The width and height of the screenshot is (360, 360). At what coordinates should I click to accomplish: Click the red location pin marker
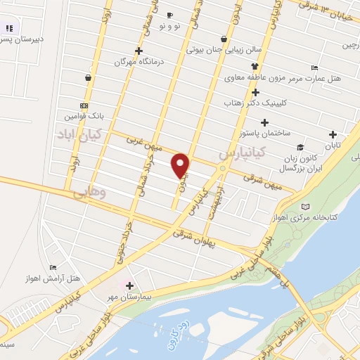coord(181,165)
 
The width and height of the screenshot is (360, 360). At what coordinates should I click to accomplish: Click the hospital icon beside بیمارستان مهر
coord(128,284)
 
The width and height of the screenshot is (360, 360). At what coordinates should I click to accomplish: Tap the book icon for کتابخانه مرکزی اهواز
coord(304,207)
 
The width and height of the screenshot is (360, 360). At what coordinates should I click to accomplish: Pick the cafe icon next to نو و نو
coord(169,15)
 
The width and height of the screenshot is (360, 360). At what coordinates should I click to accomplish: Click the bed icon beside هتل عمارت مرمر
coord(314,67)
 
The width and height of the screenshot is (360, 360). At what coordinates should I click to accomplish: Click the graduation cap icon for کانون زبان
coord(300,147)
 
